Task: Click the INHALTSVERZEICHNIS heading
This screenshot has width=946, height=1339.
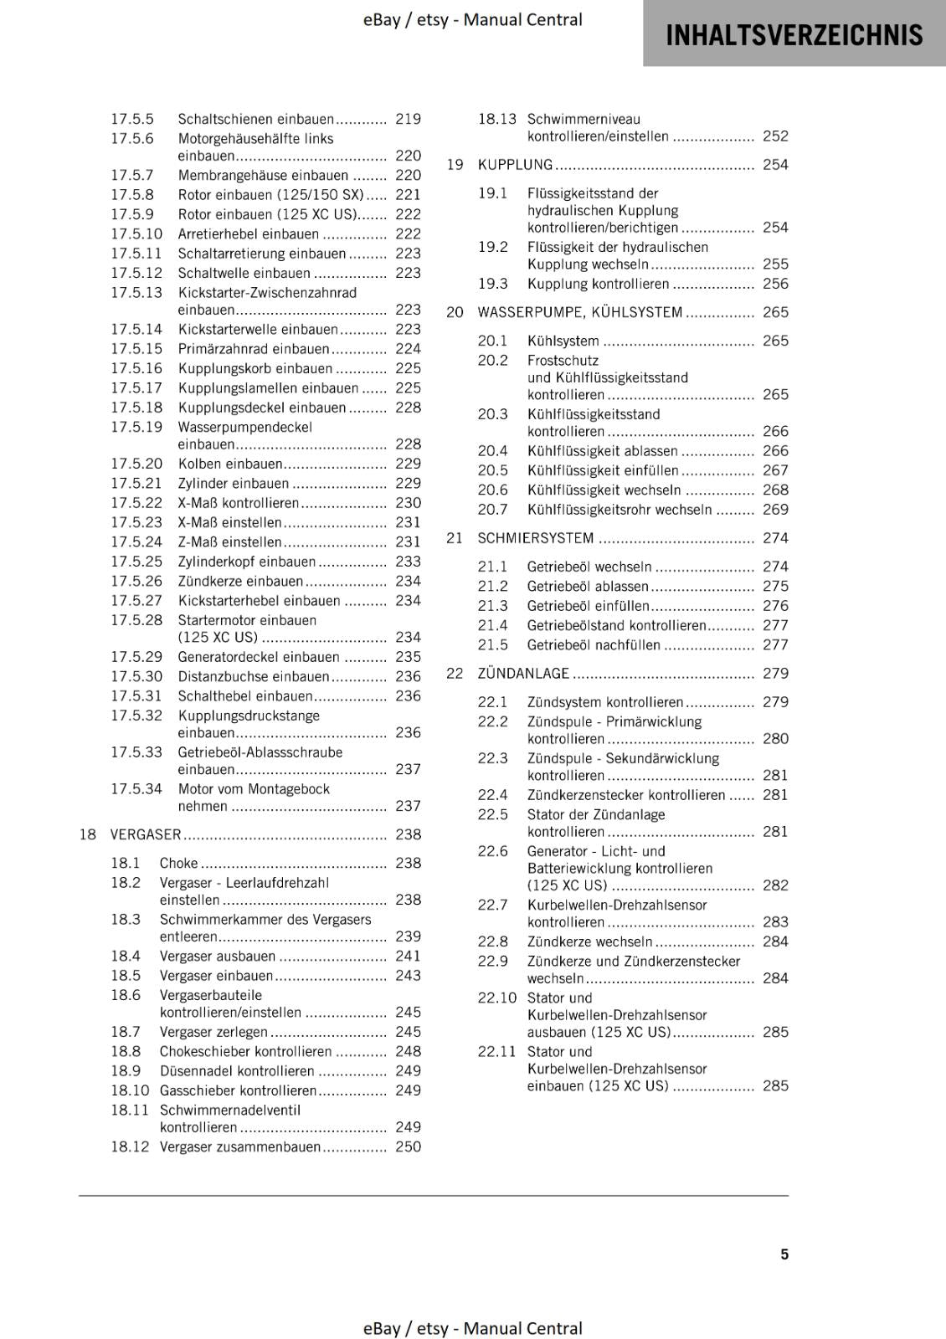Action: [x=794, y=35]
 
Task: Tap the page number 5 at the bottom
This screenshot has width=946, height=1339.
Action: [x=784, y=1254]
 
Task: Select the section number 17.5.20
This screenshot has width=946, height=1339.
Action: [x=136, y=464]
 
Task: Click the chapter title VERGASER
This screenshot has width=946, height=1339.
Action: [x=146, y=834]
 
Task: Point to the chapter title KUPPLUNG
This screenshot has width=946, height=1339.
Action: [x=515, y=165]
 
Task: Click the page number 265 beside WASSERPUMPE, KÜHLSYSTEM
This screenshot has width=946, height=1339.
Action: [x=775, y=312]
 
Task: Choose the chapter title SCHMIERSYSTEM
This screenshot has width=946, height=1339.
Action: [x=535, y=538]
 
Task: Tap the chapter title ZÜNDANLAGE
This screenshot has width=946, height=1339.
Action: [x=523, y=674]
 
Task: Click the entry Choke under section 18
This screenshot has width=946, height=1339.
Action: [x=179, y=863]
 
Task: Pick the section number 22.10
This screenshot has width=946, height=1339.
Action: [x=497, y=998]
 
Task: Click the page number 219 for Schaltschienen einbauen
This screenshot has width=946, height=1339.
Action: [x=408, y=119]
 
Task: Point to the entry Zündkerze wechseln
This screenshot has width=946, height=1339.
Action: [x=589, y=941]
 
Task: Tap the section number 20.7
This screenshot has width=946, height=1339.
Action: [x=493, y=510]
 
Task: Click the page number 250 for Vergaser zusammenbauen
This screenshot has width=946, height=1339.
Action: [x=408, y=1147]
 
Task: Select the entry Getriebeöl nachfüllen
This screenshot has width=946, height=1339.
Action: [x=594, y=645]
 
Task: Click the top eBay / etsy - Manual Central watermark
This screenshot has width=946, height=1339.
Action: [x=472, y=19]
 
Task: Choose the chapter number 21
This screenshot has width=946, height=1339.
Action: [x=455, y=538]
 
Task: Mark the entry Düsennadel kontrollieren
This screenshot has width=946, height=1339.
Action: [x=237, y=1071]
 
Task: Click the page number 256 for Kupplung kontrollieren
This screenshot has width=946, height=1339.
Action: [x=775, y=284]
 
